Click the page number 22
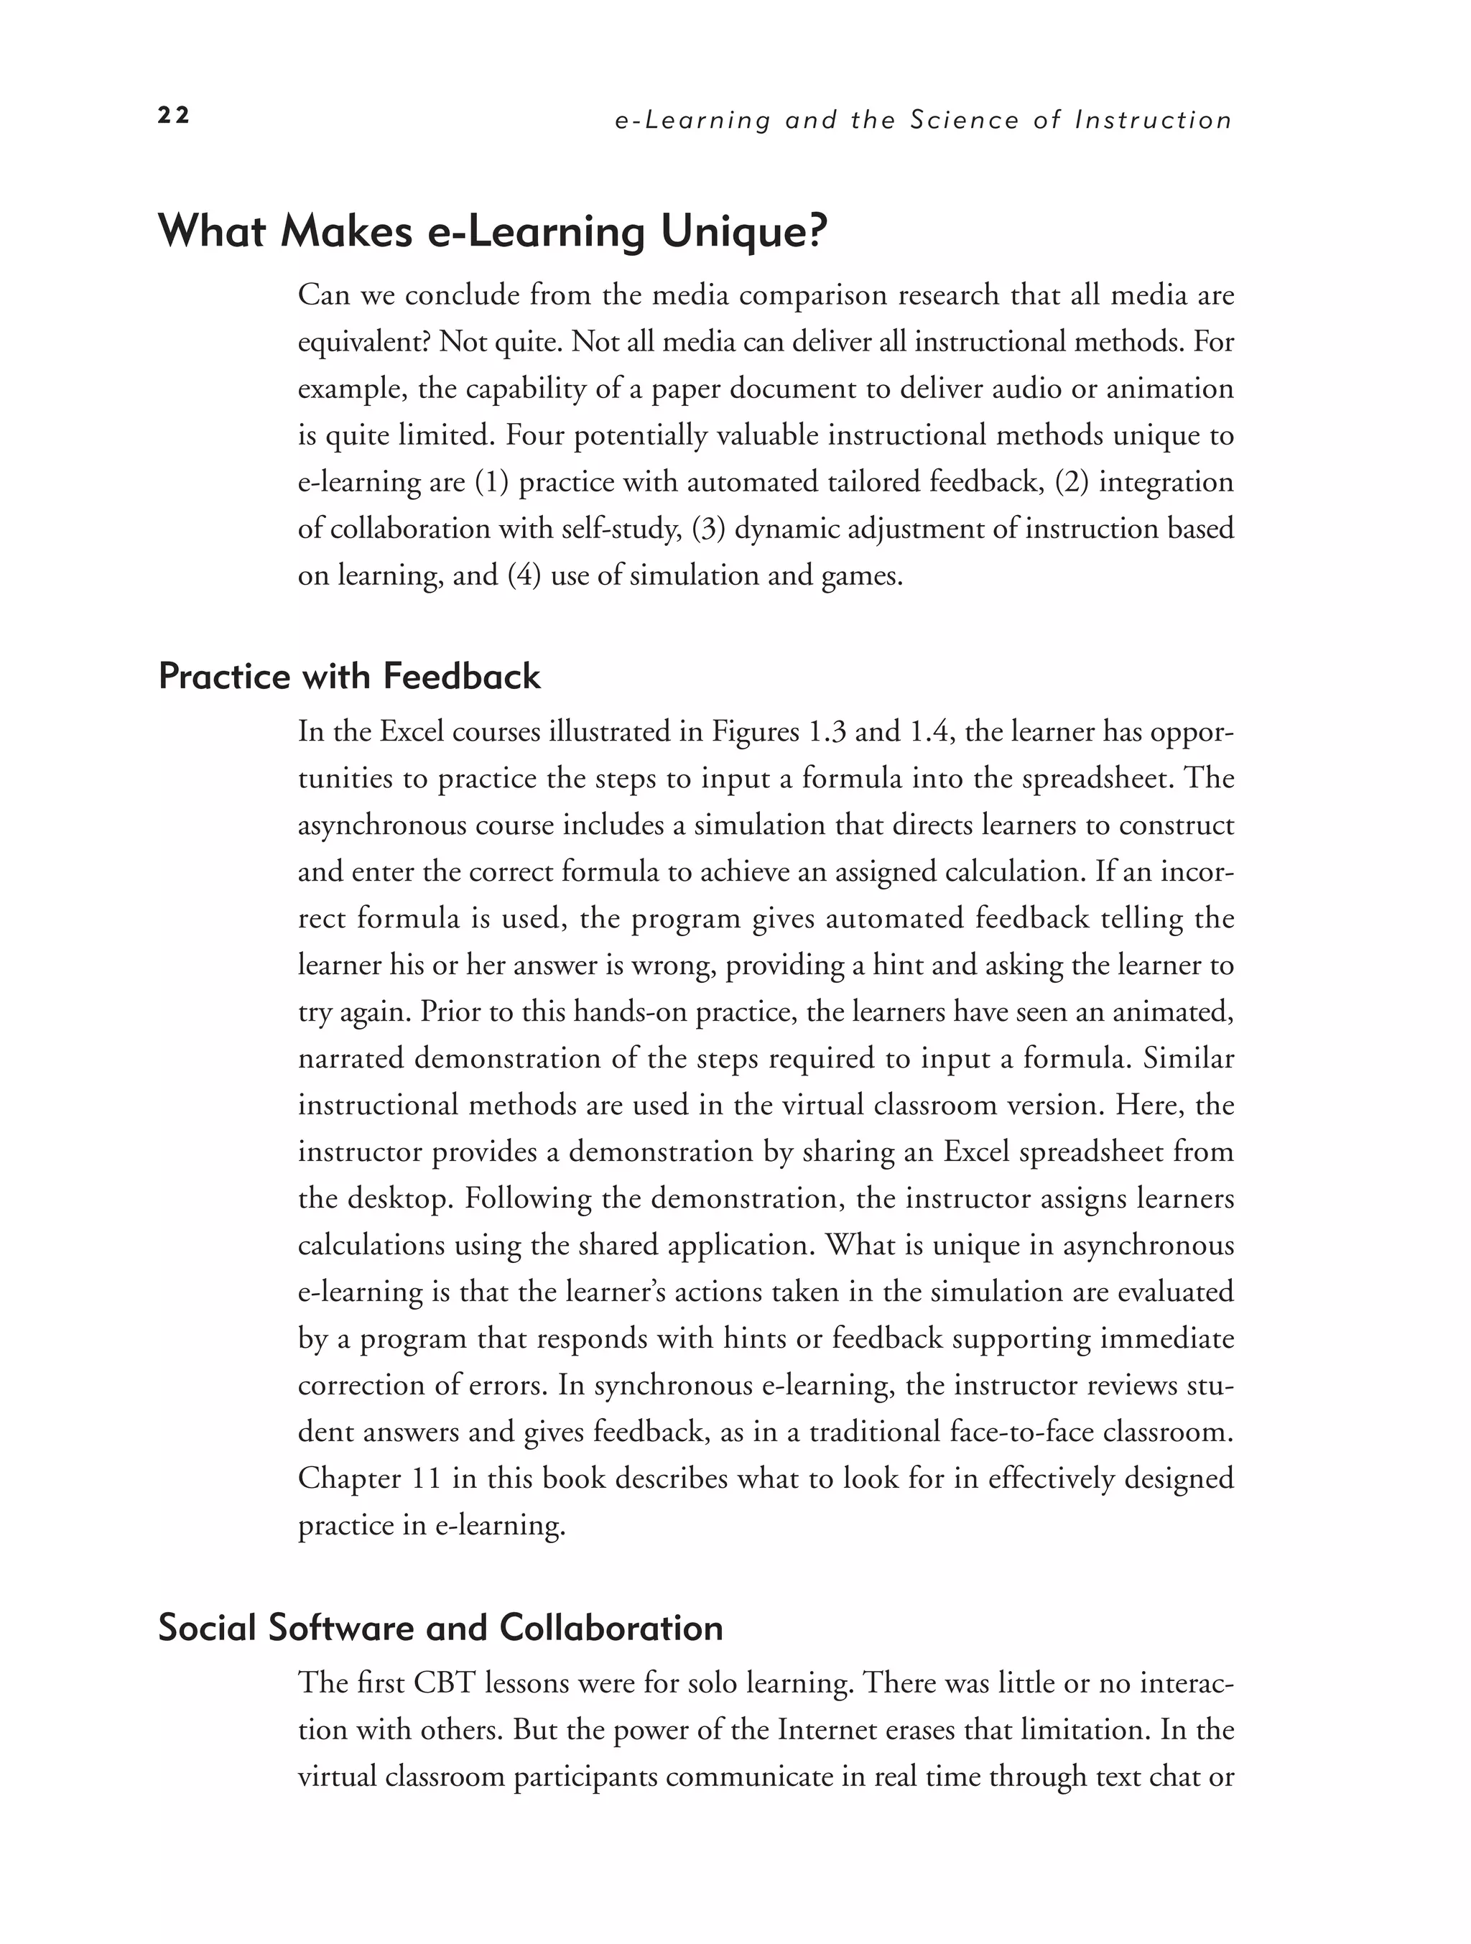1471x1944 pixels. click(173, 116)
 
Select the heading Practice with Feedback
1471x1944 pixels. click(349, 677)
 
